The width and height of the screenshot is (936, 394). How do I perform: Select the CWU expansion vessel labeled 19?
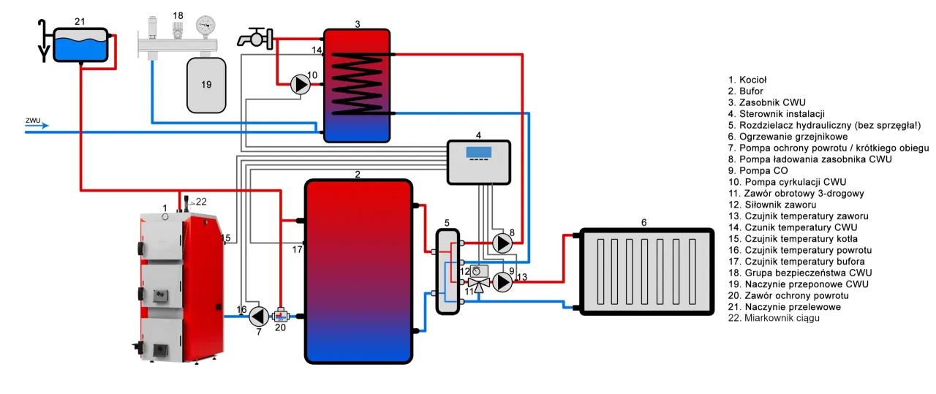[206, 84]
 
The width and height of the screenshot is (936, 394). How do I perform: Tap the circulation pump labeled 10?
[300, 84]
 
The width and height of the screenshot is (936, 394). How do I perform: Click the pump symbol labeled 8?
[502, 243]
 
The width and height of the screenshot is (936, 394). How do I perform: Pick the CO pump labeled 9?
[502, 282]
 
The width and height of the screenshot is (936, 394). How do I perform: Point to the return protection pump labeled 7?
[258, 316]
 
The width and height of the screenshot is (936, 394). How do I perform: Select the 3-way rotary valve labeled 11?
[479, 282]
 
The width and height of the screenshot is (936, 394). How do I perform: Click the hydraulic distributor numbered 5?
[448, 271]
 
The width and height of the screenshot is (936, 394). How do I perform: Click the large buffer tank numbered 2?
[358, 271]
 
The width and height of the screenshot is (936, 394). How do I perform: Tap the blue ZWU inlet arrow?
[37, 125]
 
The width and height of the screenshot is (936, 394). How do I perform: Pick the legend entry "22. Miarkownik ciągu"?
[774, 318]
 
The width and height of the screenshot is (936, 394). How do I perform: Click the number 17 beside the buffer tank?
[298, 250]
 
